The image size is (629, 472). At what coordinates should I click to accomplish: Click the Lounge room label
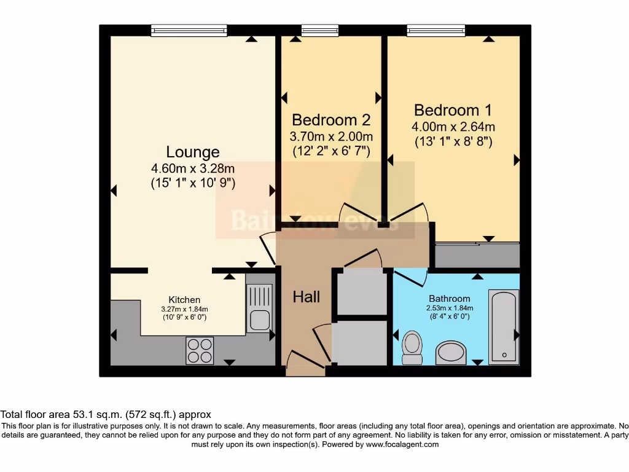(193, 152)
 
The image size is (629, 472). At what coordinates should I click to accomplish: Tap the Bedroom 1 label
(453, 111)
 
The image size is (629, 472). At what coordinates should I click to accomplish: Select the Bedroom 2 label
(332, 119)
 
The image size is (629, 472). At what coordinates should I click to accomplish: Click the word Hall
(306, 297)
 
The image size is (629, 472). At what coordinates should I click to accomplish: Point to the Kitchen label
(184, 300)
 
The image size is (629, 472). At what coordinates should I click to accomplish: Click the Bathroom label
(450, 299)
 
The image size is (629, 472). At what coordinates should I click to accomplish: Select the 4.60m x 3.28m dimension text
(193, 168)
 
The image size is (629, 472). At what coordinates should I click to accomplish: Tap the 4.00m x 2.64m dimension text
(453, 127)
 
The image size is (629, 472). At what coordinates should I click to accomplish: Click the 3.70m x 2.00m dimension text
(331, 136)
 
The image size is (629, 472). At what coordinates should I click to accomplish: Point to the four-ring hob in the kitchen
(200, 351)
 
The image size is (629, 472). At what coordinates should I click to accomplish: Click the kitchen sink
(259, 320)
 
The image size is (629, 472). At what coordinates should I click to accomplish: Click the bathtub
(504, 328)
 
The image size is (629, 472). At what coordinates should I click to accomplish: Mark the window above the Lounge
(189, 30)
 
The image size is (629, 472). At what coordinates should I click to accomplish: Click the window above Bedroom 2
(319, 30)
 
